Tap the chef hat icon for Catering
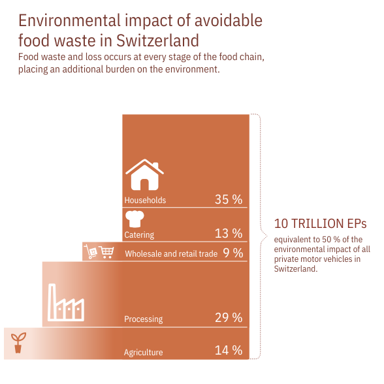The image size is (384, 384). (134, 218)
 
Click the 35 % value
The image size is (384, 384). (228, 200)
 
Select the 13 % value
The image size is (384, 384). (228, 234)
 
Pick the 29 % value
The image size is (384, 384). (228, 318)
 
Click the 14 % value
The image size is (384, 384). (228, 351)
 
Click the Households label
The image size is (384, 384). (145, 200)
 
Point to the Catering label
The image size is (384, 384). (139, 235)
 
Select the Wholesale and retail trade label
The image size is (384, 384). (170, 254)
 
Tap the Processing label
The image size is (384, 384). (143, 319)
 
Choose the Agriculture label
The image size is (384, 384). (143, 353)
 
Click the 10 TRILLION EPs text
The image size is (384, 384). (320, 223)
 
